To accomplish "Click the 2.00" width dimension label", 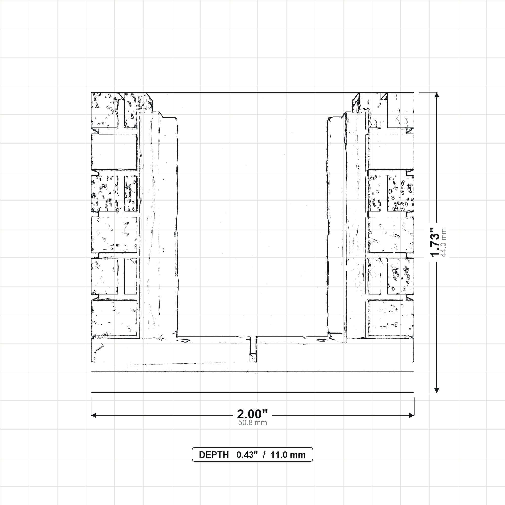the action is pos(252,414).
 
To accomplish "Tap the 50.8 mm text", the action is pos(252,423).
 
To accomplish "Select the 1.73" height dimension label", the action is pos(435,242).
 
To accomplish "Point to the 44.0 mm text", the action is pos(443,243).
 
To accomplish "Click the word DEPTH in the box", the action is pos(214,455).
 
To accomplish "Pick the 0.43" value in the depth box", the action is pos(247,455).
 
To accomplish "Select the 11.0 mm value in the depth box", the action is pos(288,455).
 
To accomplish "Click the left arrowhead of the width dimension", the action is pos(93,415).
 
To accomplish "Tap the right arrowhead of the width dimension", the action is pos(412,415).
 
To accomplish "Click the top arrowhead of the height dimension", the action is pos(437,95).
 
